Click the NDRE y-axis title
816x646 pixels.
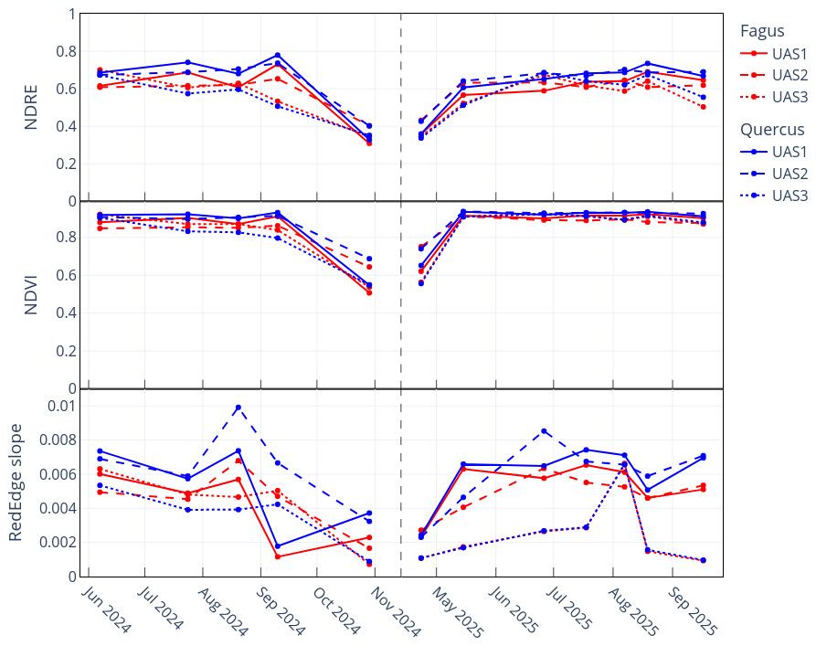pyautogui.click(x=31, y=108)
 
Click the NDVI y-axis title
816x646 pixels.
pyautogui.click(x=31, y=294)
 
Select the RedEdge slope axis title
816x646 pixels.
pyautogui.click(x=16, y=482)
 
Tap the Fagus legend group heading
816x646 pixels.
pyautogui.click(x=762, y=31)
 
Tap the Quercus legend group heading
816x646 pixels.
pyautogui.click(x=772, y=130)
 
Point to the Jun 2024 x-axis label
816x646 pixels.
pyautogui.click(x=106, y=609)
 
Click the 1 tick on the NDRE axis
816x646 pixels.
pyautogui.click(x=70, y=14)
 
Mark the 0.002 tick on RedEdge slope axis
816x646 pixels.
pyautogui.click(x=57, y=543)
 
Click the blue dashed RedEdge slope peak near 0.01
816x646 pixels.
pyautogui.click(x=238, y=408)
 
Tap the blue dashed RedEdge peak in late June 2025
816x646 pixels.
pyautogui.click(x=544, y=430)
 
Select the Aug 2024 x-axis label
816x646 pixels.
pyautogui.click(x=222, y=609)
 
